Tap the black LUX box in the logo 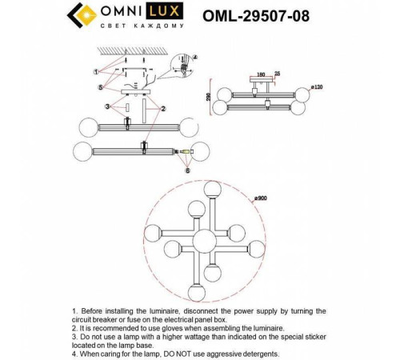tap(170, 13)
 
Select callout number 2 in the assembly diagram tap(163, 108)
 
